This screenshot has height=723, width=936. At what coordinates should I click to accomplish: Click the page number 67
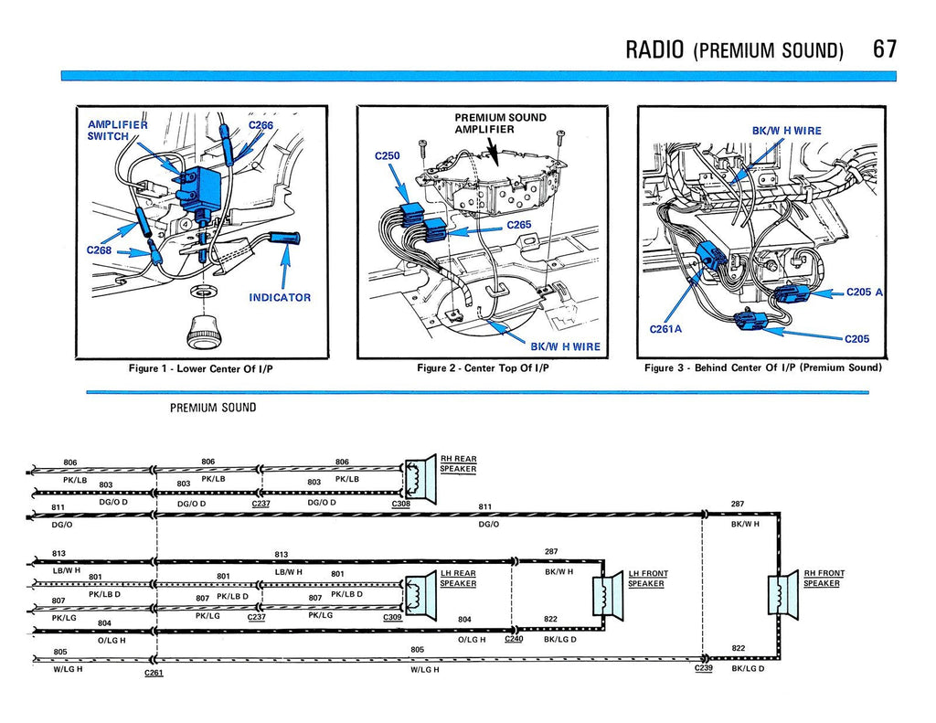pyautogui.click(x=884, y=48)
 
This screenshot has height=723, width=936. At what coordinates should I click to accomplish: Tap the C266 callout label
pyautogui.click(x=261, y=125)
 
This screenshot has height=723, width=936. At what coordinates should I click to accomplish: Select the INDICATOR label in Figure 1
pyautogui.click(x=280, y=297)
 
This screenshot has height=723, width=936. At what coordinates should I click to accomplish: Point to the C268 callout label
pyautogui.click(x=100, y=250)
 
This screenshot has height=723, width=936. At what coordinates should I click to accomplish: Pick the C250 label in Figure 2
pyautogui.click(x=388, y=156)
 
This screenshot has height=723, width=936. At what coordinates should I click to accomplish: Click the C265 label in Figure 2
pyautogui.click(x=519, y=225)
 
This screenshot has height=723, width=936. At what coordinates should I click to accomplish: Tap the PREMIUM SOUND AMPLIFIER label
pyautogui.click(x=500, y=123)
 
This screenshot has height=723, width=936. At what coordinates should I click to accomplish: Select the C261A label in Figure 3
pyautogui.click(x=665, y=329)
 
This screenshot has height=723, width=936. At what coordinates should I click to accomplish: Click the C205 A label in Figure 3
pyautogui.click(x=865, y=292)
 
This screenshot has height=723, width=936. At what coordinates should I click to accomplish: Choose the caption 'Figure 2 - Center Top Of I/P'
pyautogui.click(x=482, y=368)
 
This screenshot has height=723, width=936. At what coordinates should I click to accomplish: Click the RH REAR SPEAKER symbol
pyautogui.click(x=420, y=478)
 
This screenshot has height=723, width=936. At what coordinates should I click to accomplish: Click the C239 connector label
pyautogui.click(x=703, y=668)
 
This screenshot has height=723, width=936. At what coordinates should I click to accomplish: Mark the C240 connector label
pyautogui.click(x=514, y=639)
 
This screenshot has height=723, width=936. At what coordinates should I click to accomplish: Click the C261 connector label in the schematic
pyautogui.click(x=154, y=673)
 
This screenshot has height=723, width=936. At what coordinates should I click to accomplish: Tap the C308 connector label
pyautogui.click(x=401, y=504)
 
